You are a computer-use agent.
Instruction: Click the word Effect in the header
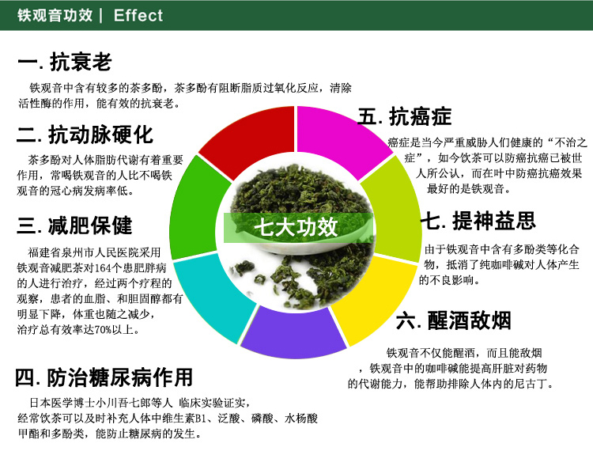(x=138, y=16)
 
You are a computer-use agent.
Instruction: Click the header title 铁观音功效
(x=55, y=16)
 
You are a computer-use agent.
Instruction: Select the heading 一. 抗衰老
(x=64, y=62)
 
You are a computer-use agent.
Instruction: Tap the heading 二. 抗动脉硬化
(x=85, y=135)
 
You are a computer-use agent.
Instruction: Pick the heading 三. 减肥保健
(x=74, y=225)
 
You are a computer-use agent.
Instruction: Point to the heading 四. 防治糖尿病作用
(x=104, y=377)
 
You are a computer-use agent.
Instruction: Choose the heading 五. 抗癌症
(x=405, y=116)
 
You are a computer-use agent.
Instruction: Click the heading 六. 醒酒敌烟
(x=454, y=320)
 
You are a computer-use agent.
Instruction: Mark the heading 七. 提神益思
(x=478, y=221)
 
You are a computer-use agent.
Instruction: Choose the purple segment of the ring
(x=293, y=334)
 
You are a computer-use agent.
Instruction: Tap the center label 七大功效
(x=296, y=227)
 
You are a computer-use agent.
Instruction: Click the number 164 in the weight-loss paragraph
(x=104, y=268)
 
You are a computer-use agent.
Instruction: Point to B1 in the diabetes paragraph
(x=201, y=419)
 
